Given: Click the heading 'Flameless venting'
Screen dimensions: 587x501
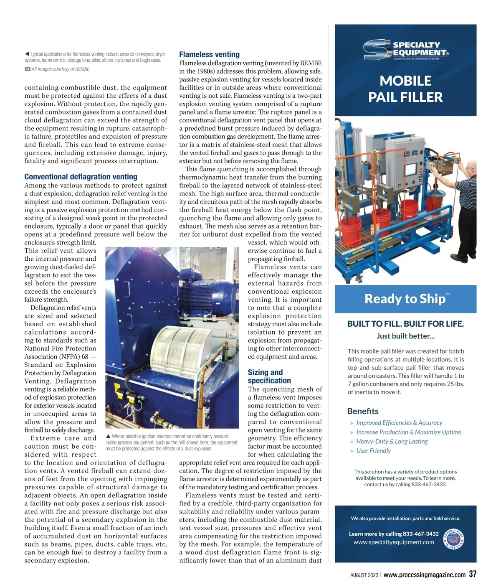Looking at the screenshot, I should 209,54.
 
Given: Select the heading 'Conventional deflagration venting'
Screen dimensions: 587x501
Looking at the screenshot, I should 81,177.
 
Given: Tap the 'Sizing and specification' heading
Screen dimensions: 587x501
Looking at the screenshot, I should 269,376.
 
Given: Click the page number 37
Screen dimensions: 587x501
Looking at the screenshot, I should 472,574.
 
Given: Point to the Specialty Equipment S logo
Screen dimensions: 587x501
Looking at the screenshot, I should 377,50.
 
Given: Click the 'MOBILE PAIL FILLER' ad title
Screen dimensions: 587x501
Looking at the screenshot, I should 405,89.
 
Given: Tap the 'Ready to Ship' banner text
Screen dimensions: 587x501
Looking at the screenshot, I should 405,299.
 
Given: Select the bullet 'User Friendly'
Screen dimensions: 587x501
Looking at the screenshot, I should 373,450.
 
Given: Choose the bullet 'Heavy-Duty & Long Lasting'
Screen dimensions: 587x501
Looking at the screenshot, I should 392,441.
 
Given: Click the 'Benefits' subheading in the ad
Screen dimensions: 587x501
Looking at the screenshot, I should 363,411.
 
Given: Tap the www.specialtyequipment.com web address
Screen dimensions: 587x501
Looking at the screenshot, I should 394,542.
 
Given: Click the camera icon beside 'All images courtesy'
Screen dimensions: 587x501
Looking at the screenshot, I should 27,69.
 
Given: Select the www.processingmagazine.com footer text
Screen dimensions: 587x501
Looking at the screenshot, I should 424,575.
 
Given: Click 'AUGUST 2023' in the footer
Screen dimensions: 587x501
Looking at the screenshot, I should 364,575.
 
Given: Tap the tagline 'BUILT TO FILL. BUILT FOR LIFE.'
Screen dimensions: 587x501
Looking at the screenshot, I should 405,324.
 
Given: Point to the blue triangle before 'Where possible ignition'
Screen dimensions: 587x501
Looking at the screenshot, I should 109,437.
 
